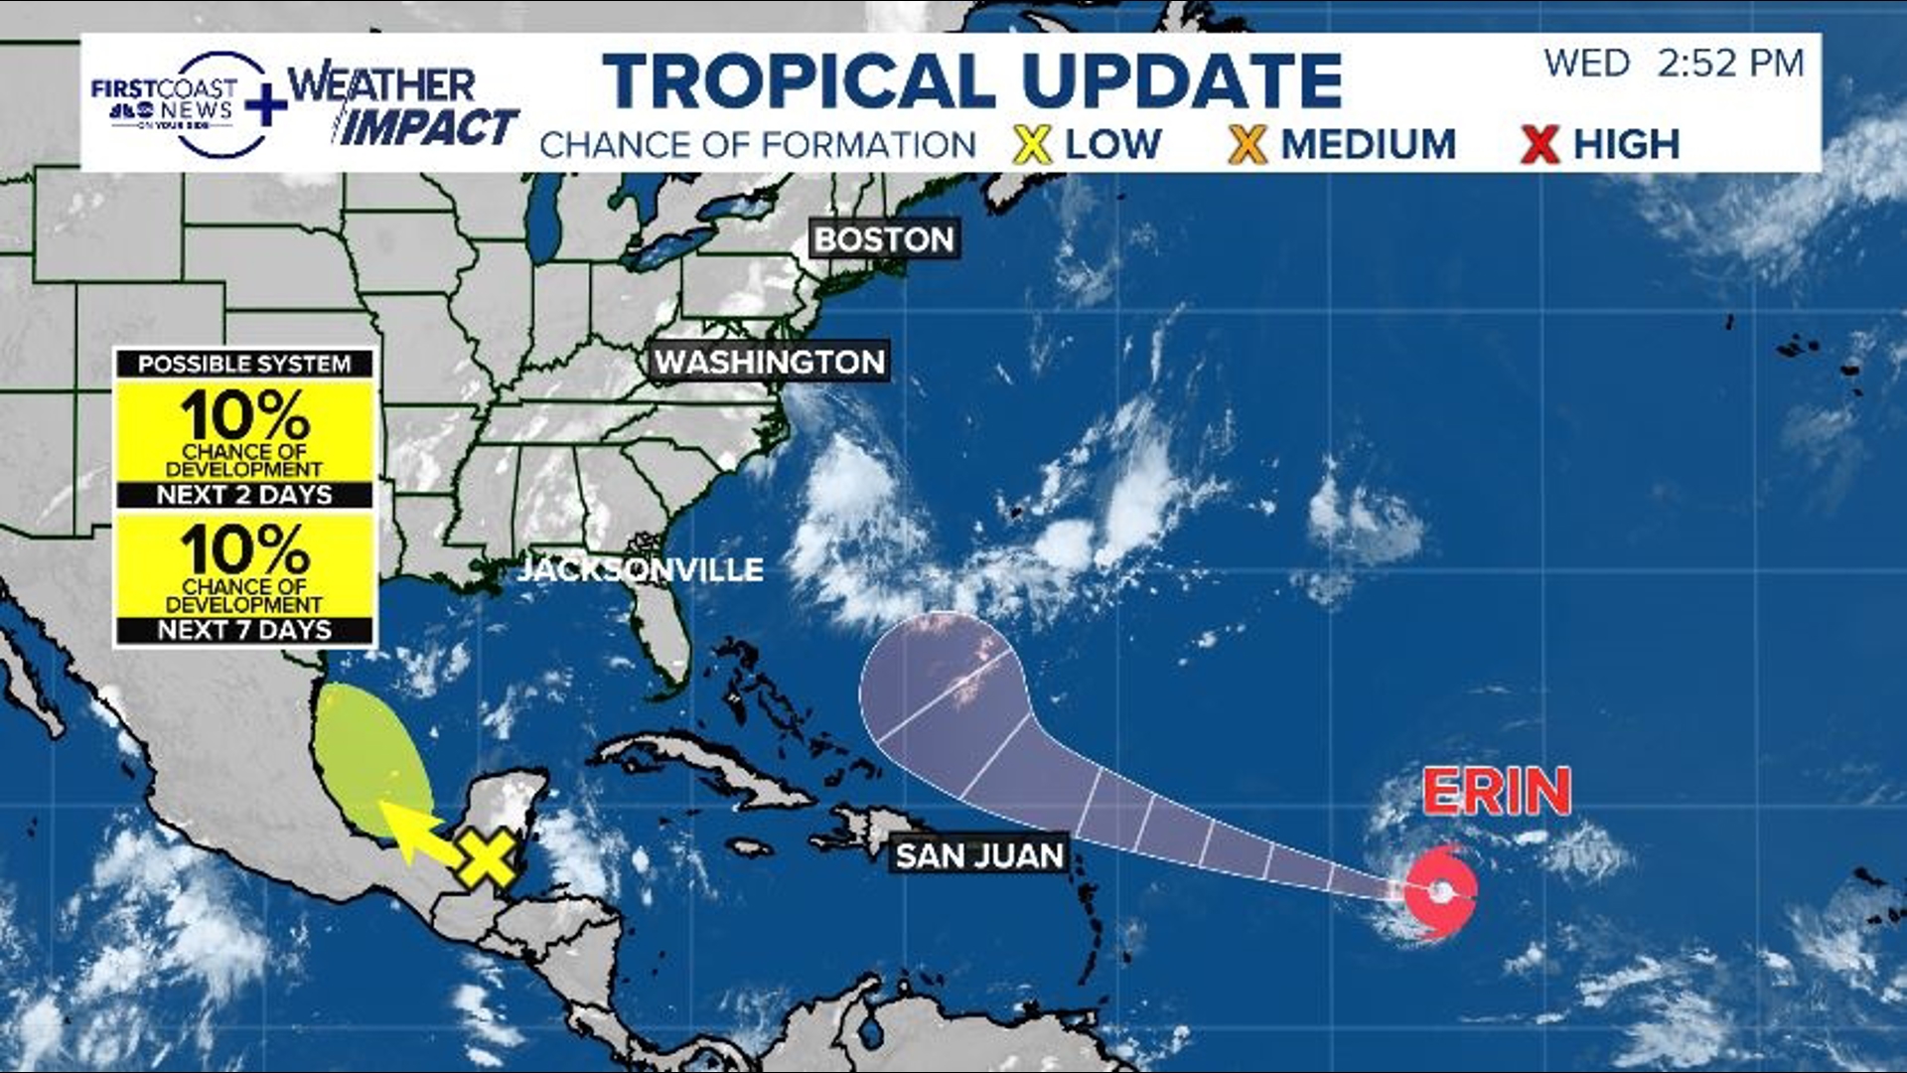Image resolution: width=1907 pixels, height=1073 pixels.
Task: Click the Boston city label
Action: point(884,239)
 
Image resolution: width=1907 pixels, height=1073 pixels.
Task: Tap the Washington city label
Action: point(769,362)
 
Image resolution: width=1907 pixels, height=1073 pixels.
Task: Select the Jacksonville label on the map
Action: point(641,569)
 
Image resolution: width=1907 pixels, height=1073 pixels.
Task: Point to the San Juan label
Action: point(979,855)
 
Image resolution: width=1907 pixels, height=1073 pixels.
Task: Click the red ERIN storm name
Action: point(1497,792)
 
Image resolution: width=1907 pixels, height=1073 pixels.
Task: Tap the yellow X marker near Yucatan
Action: point(486,858)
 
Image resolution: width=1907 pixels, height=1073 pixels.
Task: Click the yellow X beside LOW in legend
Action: point(1033,145)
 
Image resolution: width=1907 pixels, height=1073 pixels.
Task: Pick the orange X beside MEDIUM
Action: point(1247,145)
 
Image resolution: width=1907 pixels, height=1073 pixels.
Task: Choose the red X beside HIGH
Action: point(1540,145)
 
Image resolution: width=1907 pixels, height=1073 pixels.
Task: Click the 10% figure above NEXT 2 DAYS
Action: point(244,414)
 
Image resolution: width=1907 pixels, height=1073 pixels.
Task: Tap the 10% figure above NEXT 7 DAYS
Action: point(244,548)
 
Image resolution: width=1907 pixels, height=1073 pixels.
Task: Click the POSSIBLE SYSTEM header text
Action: point(244,364)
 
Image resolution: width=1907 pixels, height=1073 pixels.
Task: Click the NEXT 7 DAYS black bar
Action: point(244,630)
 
